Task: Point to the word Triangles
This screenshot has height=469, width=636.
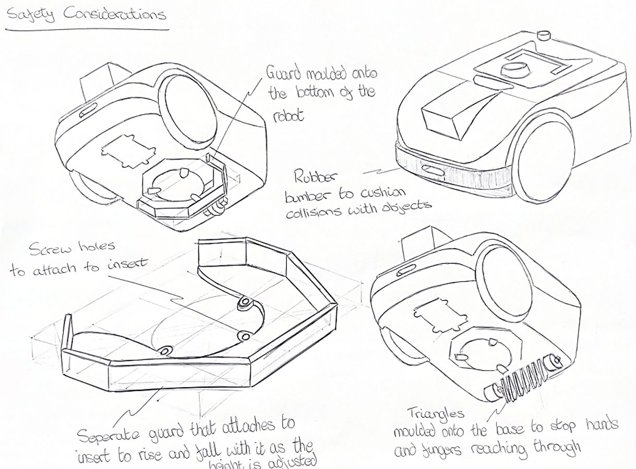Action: [x=436, y=414]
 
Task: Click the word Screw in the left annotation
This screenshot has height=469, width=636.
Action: [x=50, y=250]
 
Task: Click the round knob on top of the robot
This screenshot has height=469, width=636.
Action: [x=514, y=69]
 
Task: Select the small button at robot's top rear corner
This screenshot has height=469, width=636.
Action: [x=545, y=35]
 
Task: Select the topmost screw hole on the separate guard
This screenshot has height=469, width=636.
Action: [x=245, y=303]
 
